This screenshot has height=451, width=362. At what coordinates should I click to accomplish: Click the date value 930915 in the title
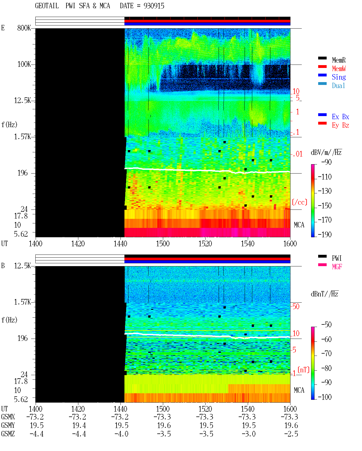tap(154, 6)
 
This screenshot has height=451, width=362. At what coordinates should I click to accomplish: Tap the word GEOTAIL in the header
tap(47, 6)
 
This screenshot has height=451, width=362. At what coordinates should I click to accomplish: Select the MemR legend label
tap(339, 60)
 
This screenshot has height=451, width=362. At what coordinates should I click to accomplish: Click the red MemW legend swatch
tap(322, 67)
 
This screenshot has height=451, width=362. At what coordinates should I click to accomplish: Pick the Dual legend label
tap(338, 86)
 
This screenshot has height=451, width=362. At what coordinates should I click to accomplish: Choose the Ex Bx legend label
tap(340, 117)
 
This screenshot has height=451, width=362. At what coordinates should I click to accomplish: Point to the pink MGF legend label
tap(337, 267)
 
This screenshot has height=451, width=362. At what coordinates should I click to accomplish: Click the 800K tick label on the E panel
tap(24, 28)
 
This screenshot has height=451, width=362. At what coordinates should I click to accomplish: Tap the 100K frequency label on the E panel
tap(24, 64)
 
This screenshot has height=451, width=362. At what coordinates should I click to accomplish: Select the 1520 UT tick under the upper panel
tap(205, 243)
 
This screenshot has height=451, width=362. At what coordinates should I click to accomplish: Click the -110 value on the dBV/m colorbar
tap(325, 177)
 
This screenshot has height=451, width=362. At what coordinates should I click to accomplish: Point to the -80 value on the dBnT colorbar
tap(326, 368)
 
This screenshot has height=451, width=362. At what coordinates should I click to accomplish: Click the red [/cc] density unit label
tap(299, 202)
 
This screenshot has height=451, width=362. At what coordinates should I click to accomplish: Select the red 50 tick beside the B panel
tap(296, 306)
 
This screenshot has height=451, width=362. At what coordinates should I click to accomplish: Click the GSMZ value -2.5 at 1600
tap(291, 434)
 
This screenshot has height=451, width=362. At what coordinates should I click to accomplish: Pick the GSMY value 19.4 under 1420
tap(79, 425)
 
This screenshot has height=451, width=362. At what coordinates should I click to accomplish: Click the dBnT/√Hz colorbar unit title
tap(324, 294)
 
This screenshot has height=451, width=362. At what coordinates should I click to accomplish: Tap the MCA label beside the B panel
tap(299, 390)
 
